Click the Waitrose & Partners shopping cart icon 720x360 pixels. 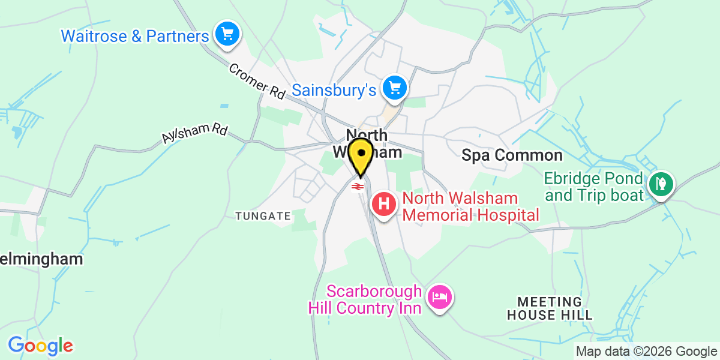(227, 34)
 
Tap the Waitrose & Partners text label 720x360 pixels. (134, 36)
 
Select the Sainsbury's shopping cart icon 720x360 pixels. (395, 88)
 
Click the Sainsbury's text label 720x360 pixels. (334, 91)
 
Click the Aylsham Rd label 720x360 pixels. (194, 129)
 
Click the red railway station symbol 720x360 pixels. (357, 187)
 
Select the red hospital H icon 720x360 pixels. (384, 204)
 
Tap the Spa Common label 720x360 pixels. (512, 155)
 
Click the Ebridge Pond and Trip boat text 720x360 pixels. (593, 187)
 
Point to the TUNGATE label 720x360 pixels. (263, 215)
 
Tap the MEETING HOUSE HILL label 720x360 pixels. (550, 308)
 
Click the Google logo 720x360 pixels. (40, 346)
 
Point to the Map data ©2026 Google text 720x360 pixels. (646, 352)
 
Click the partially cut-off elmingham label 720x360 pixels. (41, 259)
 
